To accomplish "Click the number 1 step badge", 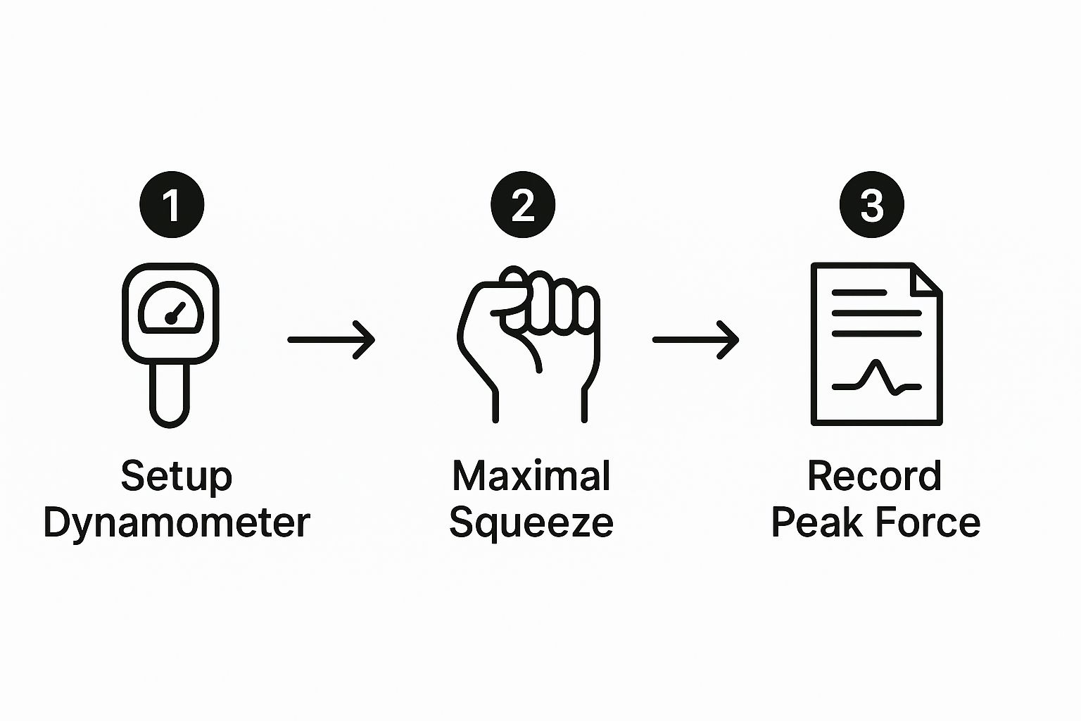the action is (172, 204).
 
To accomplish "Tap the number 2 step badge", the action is (523, 204).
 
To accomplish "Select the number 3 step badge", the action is (872, 204).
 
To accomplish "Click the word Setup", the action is (177, 477).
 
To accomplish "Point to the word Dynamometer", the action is (177, 523).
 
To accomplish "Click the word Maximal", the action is (531, 476).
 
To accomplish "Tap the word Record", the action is (875, 476).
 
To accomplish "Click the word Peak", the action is (816, 522).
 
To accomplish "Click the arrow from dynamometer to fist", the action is (331, 340).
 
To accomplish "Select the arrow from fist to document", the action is (695, 340).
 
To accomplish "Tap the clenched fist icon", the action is (529, 344).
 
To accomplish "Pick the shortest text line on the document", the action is (859, 293).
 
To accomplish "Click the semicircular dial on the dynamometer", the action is (171, 308).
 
